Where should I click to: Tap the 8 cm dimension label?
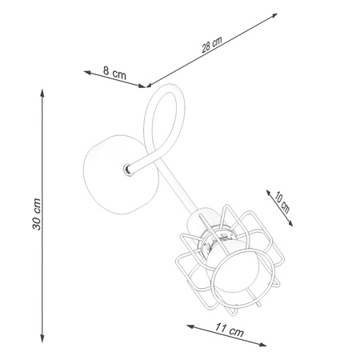pyautogui.click(x=115, y=73)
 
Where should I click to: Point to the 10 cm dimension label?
pyautogui.click(x=281, y=202)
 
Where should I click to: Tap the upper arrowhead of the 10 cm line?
pyautogui.click(x=267, y=191)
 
